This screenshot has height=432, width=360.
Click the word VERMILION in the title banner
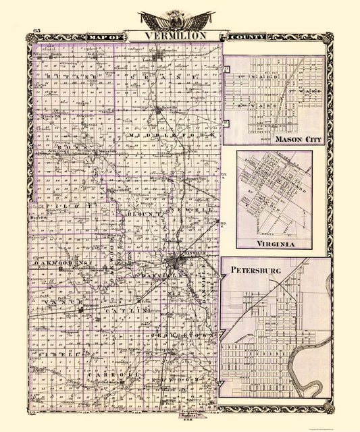(x=180, y=35)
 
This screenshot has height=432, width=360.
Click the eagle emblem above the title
(x=177, y=20)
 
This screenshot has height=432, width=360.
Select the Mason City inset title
(x=298, y=139)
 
